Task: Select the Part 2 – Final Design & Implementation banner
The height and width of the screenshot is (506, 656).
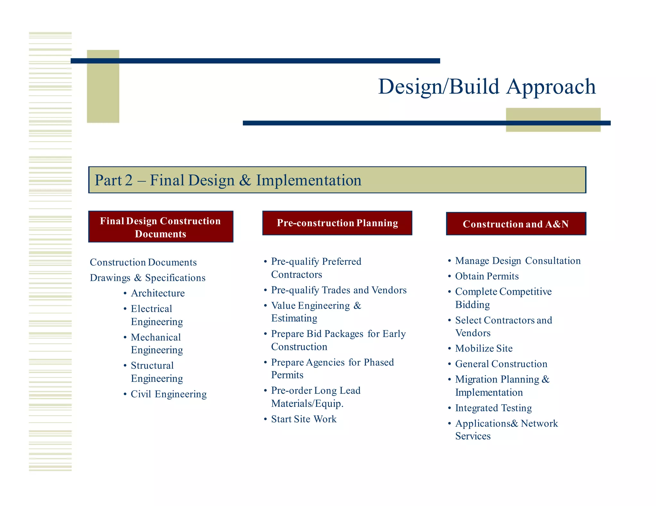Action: click(x=337, y=180)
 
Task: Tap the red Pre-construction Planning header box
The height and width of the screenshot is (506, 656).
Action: click(x=337, y=223)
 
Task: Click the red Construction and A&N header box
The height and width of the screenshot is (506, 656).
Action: click(x=516, y=224)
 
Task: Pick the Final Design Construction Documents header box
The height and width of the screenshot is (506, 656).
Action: click(x=160, y=227)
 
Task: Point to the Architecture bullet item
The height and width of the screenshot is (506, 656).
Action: click(x=158, y=293)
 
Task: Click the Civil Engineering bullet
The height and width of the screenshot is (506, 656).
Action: click(x=168, y=394)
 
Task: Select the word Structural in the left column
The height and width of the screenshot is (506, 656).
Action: click(x=152, y=365)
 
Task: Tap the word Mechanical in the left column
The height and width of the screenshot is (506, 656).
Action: click(x=156, y=337)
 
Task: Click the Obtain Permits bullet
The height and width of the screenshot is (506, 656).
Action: click(x=487, y=276)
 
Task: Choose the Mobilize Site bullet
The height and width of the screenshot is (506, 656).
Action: click(x=484, y=348)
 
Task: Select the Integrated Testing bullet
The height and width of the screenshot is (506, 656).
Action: click(x=493, y=408)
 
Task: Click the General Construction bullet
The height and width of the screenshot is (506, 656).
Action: click(x=501, y=364)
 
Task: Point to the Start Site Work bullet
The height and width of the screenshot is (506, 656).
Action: click(x=304, y=419)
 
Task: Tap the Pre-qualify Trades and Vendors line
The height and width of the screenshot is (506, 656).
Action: click(x=339, y=290)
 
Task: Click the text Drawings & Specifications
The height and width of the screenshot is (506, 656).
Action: click(x=148, y=278)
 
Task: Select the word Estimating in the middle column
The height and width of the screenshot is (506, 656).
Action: click(x=294, y=318)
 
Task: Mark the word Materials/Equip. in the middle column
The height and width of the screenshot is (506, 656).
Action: click(x=307, y=403)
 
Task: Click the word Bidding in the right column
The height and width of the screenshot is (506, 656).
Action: click(x=472, y=304)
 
